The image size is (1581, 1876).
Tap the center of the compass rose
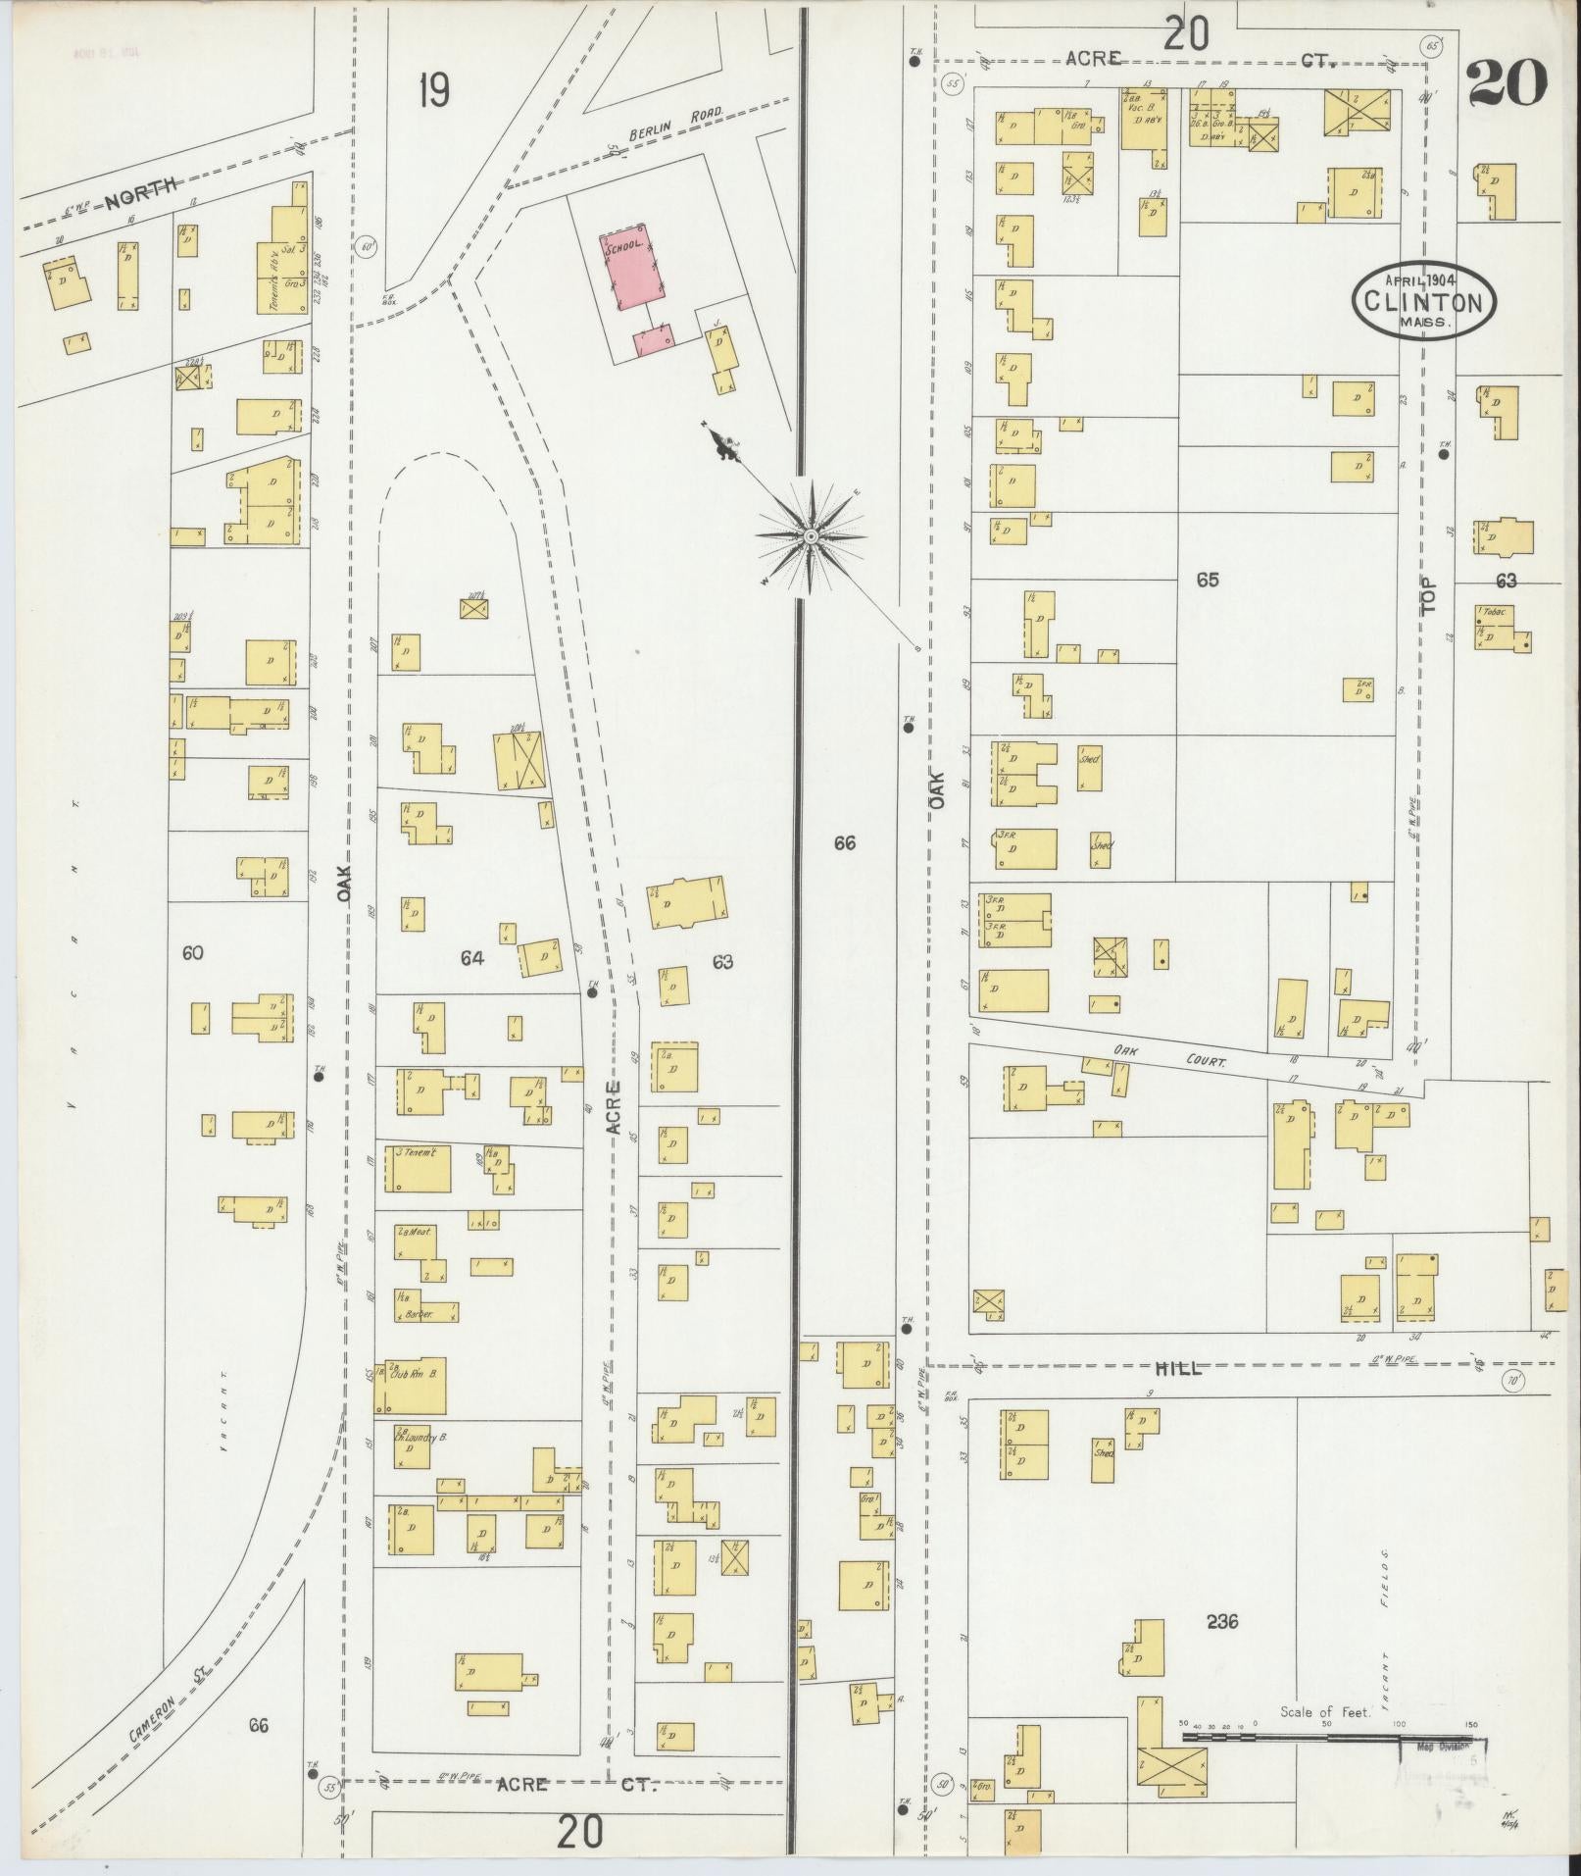coord(811,536)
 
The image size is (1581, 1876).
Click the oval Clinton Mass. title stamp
coord(1424,300)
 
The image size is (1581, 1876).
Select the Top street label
coord(1431,593)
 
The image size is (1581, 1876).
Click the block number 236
coord(1221,1622)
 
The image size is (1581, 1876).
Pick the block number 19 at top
coord(432,91)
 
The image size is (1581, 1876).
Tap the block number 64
coord(472,958)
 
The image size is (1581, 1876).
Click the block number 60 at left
coord(192,952)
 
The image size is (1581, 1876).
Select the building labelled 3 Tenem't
coord(422,1166)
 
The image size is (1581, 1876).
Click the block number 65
coord(1207,581)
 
